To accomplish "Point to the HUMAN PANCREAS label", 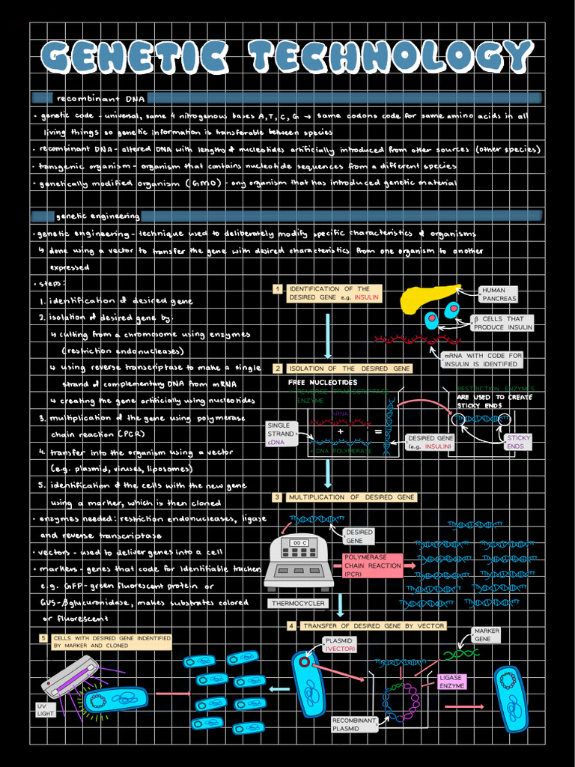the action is (x=499, y=294).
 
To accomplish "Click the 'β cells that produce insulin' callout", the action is (x=502, y=323).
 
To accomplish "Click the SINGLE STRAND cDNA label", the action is (x=281, y=434).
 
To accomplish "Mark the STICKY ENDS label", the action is (x=515, y=442).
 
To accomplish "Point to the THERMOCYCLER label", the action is (x=297, y=603).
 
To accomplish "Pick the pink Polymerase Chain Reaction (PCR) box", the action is (x=372, y=566).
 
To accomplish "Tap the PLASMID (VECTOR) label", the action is (x=340, y=645).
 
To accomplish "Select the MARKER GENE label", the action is (x=487, y=635).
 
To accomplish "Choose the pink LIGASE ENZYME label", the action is (x=452, y=681).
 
